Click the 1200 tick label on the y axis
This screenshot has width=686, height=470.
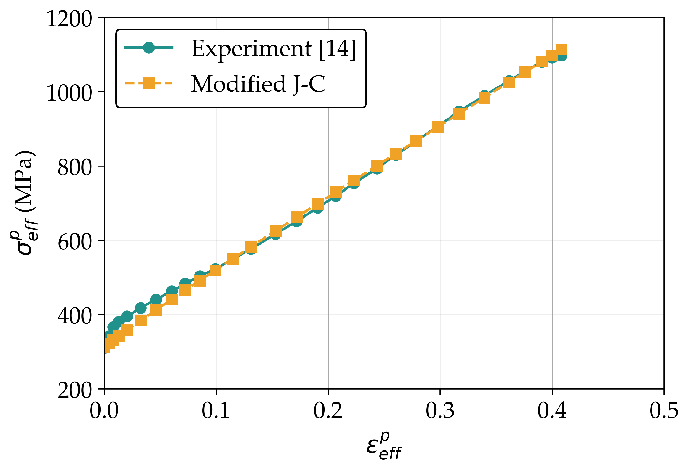click(69, 19)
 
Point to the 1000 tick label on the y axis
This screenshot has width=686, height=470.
click(69, 93)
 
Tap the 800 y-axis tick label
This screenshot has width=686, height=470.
click(75, 167)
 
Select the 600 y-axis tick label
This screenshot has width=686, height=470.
click(75, 241)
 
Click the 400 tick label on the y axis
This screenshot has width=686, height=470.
click(75, 315)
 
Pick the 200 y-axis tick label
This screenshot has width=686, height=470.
click(75, 390)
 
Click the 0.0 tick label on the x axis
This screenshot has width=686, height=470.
click(104, 410)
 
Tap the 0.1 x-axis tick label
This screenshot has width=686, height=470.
click(216, 410)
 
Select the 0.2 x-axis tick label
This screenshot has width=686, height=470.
click(328, 410)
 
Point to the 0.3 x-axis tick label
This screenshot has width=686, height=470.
click(440, 410)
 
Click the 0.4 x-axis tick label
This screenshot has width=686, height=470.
click(552, 410)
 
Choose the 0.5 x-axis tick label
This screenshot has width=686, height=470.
click(664, 410)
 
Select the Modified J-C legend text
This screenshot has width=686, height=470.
click(258, 84)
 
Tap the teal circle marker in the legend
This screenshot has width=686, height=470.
click(149, 48)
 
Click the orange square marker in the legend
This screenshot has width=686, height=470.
click(149, 83)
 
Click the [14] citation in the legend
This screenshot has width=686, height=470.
click(337, 49)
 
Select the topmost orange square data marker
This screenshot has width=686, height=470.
click(561, 50)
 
